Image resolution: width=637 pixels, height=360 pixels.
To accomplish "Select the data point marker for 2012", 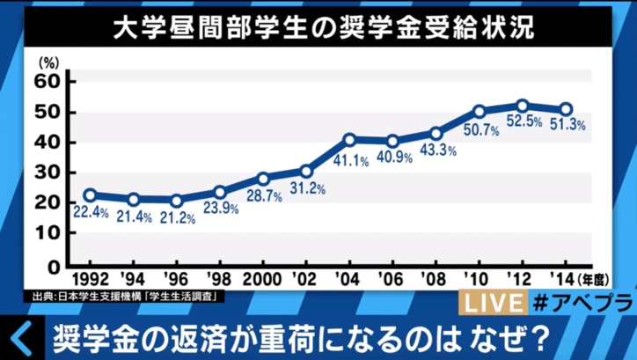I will [x=523, y=106].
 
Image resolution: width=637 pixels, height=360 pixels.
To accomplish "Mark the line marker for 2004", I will [x=349, y=140].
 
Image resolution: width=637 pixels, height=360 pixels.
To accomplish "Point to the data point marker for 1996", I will [x=177, y=201].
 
